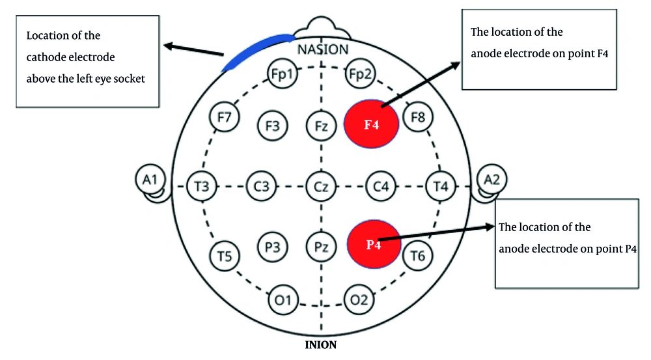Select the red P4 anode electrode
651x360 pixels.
[x=373, y=244]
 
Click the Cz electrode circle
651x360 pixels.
[x=321, y=187]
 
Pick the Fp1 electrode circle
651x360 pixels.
[x=284, y=75]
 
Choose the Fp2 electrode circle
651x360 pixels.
[x=359, y=75]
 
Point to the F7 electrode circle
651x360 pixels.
[x=225, y=118]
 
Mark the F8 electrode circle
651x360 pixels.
[x=418, y=118]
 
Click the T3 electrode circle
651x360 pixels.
[x=201, y=187]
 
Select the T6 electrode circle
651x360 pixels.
[x=417, y=256]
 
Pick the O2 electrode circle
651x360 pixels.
[x=359, y=299]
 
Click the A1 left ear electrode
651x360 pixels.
[x=150, y=178]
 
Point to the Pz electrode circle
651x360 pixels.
[x=321, y=247]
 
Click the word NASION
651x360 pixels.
[x=322, y=49]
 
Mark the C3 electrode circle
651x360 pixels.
[x=262, y=187]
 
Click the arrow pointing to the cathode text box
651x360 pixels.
[x=195, y=50]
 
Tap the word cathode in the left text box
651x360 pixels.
[x=47, y=57]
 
